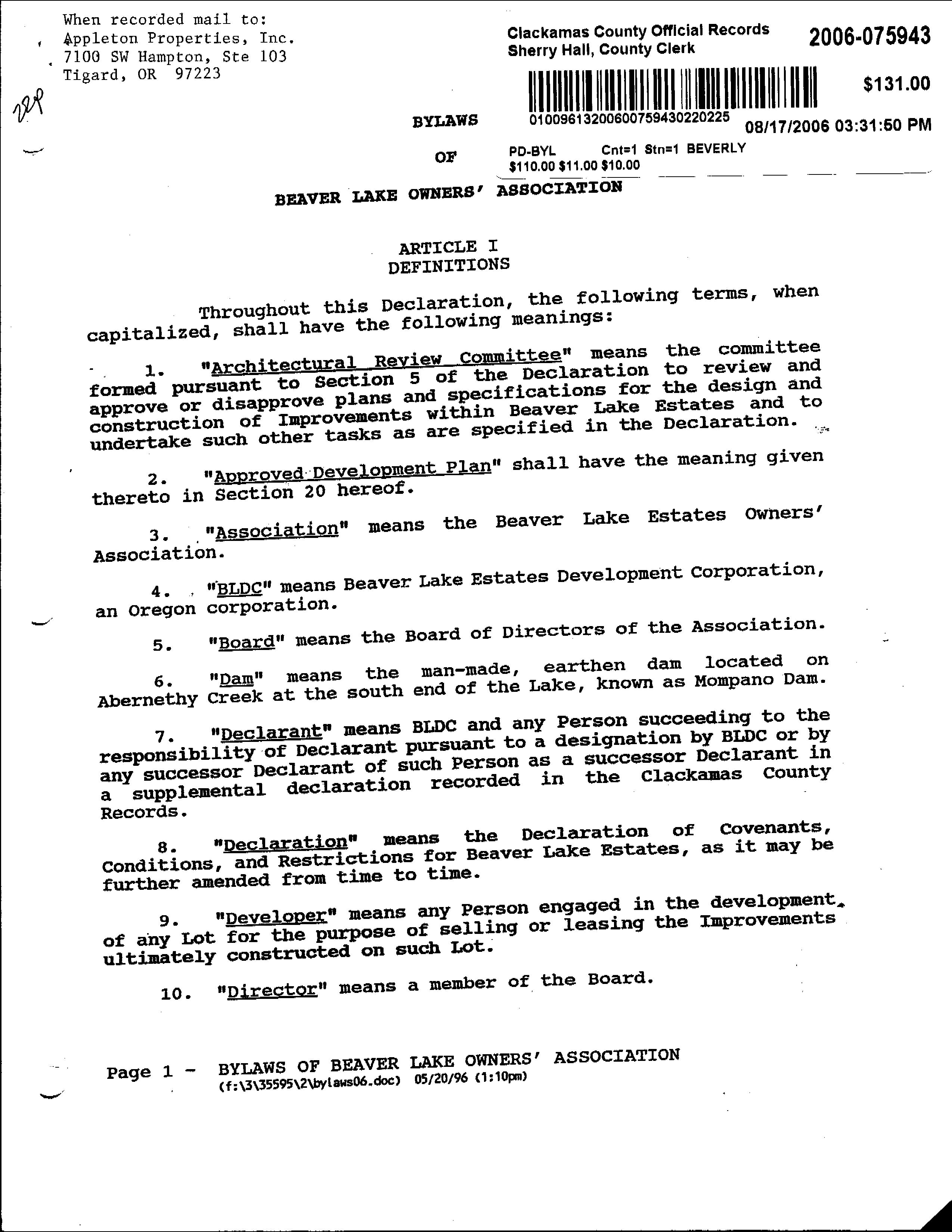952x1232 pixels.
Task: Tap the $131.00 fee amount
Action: (896, 84)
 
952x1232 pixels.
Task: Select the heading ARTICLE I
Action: (449, 247)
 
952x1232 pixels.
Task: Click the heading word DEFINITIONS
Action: (449, 265)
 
